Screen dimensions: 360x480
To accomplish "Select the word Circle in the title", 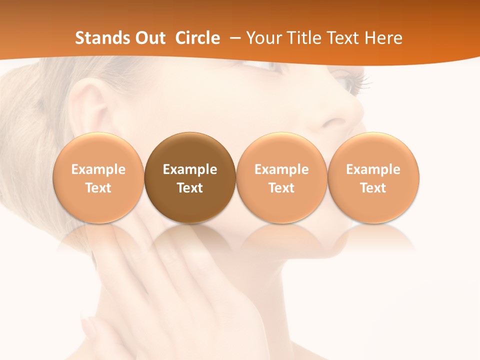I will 197,38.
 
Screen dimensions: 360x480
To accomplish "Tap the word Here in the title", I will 383,38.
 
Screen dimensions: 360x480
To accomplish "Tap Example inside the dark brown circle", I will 190,169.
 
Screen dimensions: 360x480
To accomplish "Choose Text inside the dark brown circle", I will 190,188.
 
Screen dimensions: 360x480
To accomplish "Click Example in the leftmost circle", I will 98,169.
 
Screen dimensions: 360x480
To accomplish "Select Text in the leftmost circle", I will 98,188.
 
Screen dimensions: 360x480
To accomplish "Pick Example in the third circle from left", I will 281,169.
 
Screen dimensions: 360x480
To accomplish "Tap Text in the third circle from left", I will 281,188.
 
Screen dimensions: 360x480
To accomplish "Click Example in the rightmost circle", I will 373,169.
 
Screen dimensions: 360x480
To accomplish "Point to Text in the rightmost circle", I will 373,188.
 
